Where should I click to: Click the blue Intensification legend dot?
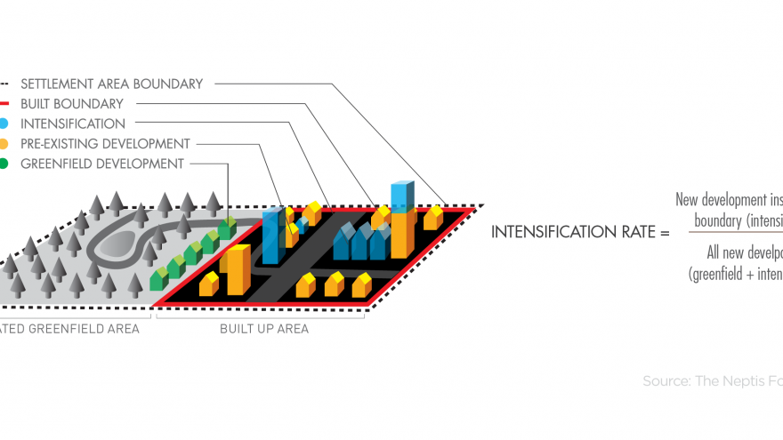pos(4,124)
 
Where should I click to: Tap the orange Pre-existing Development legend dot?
pos(4,144)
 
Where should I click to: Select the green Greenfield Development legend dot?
pos(4,164)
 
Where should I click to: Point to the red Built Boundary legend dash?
pos(4,104)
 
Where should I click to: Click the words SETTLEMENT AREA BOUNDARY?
pos(111,84)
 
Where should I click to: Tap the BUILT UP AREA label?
pos(264,329)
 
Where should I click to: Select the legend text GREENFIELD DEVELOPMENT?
pos(101,164)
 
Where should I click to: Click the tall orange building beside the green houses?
pos(238,269)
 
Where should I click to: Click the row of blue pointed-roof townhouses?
pos(363,241)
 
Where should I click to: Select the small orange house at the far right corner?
pos(433,217)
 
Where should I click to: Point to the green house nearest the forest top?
pos(228,227)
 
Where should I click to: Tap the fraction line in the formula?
pos(730,234)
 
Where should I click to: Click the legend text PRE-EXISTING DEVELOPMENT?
pos(105,144)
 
